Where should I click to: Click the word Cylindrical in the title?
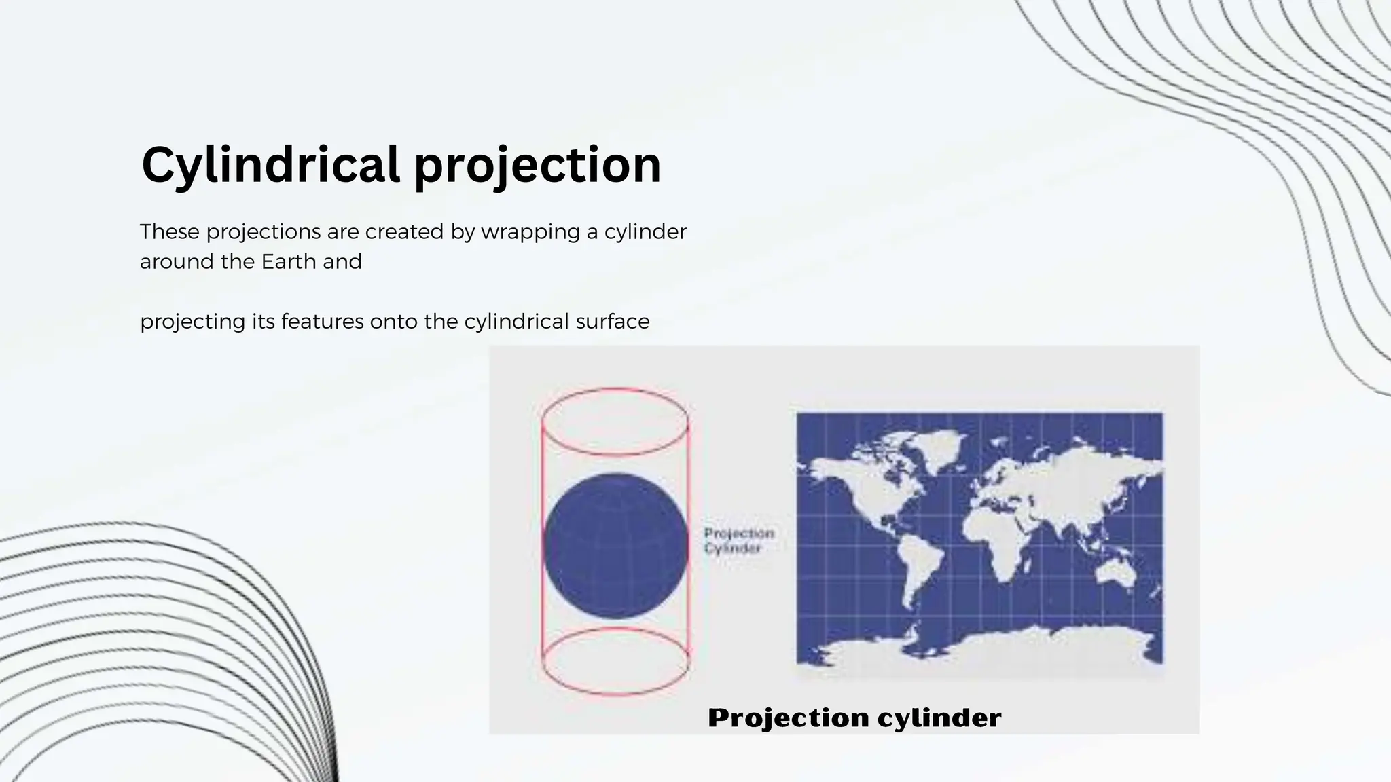coord(270,165)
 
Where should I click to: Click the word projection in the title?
coord(537,165)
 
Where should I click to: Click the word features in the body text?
coord(323,321)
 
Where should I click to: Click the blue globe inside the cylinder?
coord(615,545)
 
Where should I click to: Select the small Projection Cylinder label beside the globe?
coord(738,541)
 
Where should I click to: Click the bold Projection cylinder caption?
coord(854,718)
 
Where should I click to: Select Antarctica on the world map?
coord(978,648)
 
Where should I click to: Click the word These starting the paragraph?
coord(170,232)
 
